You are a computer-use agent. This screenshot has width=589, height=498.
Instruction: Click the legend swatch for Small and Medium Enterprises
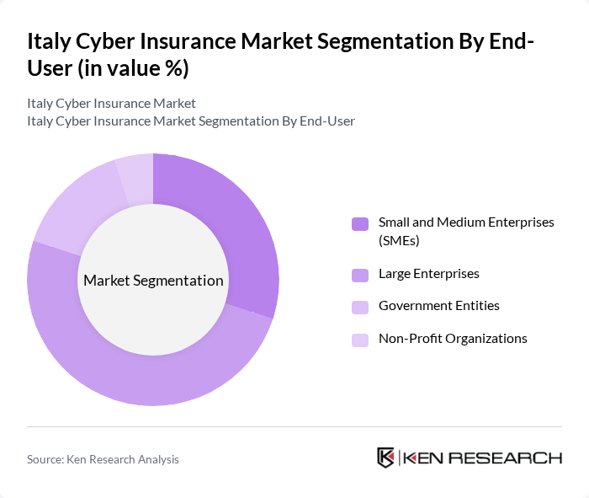coord(359,223)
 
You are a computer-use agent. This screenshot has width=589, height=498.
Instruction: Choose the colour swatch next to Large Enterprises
coord(359,275)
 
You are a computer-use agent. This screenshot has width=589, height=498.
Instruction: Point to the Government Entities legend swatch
coord(359,307)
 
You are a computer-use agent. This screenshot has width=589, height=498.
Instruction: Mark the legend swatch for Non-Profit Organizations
coord(359,340)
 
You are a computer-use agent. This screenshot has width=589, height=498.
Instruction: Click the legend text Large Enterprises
coord(428,274)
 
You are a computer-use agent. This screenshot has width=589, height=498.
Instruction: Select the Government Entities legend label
coord(438,306)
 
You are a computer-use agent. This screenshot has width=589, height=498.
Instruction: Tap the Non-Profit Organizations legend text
coord(453,338)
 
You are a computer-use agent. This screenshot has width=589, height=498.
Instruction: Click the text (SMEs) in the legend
coord(399,241)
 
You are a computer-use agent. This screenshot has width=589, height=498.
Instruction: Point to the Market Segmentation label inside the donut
coord(153,280)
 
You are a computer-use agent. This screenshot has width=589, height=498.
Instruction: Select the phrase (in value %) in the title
coord(133,68)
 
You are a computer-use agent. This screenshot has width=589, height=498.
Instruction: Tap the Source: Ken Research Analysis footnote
coord(103,459)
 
